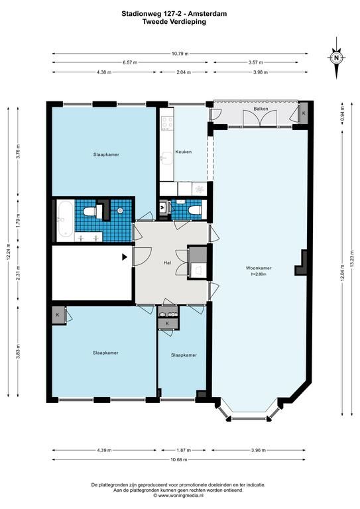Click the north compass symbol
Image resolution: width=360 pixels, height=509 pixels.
(336, 58)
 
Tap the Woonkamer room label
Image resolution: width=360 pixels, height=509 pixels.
(259, 268)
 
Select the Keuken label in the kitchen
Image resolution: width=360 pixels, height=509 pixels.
(184, 152)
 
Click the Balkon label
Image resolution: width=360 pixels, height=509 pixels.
(261, 109)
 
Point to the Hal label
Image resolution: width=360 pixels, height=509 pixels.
(167, 262)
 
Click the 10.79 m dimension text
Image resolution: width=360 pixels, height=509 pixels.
(180, 54)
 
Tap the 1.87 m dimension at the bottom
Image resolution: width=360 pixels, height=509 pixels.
(184, 450)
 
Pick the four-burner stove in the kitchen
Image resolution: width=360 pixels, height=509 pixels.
(168, 123)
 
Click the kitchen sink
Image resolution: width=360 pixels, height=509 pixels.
(167, 158)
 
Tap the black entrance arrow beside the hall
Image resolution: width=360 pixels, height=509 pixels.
(125, 257)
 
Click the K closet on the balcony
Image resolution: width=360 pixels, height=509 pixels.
(304, 113)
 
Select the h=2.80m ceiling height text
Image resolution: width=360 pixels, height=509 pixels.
(259, 274)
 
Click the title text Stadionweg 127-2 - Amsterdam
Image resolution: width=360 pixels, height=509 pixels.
(174, 14)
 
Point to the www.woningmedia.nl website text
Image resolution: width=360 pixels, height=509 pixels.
(180, 496)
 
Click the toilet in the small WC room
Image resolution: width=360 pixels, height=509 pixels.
(194, 211)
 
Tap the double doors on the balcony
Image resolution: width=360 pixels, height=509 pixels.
(261, 118)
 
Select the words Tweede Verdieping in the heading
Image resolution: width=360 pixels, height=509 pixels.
(174, 22)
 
